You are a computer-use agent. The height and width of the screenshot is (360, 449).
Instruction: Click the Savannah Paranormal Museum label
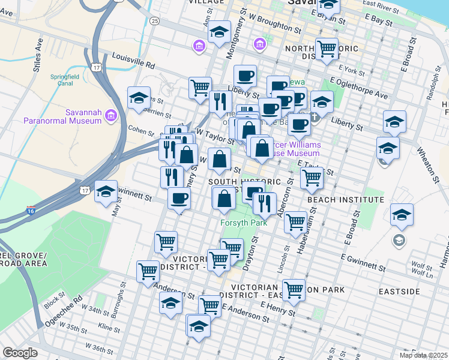(62, 116)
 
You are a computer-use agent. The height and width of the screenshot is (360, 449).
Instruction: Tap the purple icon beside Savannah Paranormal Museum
(110, 115)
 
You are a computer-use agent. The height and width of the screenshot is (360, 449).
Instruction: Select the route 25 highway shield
(155, 21)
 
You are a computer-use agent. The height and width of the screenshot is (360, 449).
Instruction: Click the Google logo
(20, 352)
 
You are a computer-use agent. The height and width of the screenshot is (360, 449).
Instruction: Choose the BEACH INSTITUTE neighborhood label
(345, 199)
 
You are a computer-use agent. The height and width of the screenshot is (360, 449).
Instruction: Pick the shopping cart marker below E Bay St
(327, 49)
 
